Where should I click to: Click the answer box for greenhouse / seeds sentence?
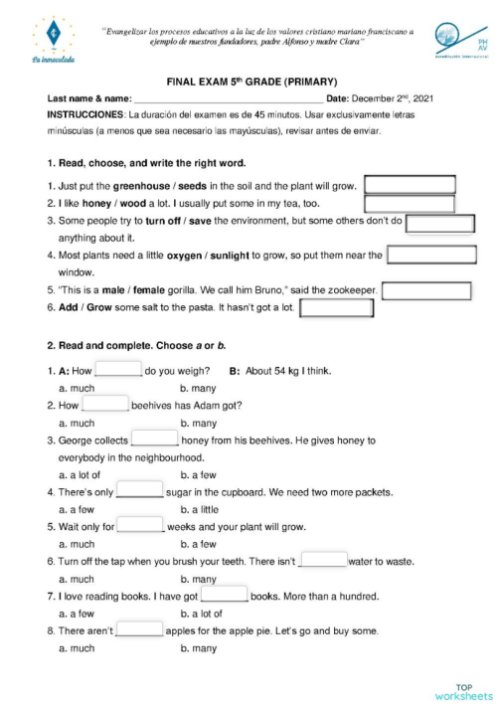pyautogui.click(x=410, y=184)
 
